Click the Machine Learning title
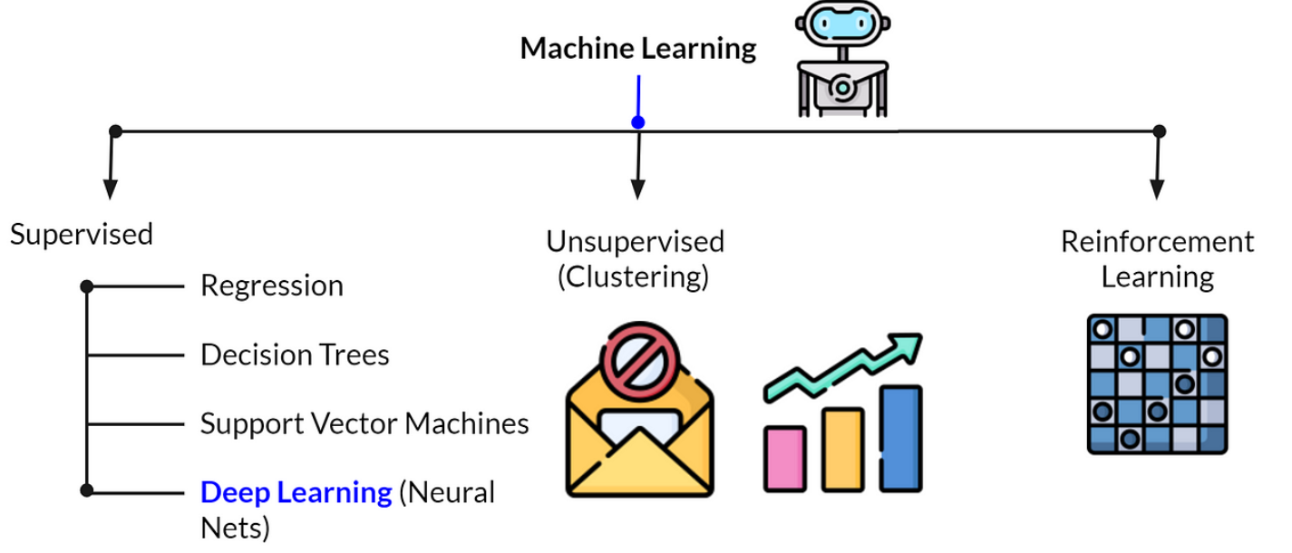pyautogui.click(x=637, y=49)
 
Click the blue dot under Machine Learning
pyautogui.click(x=638, y=122)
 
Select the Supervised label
pyautogui.click(x=82, y=235)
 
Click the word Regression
pyautogui.click(x=271, y=286)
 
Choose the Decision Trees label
pyautogui.click(x=295, y=354)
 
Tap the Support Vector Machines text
pyautogui.click(x=364, y=423)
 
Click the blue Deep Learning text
pyautogui.click(x=296, y=492)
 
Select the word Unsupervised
pyautogui.click(x=636, y=242)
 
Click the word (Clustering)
pyautogui.click(x=632, y=276)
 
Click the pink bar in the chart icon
pyautogui.click(x=784, y=460)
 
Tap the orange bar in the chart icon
pyautogui.click(x=842, y=450)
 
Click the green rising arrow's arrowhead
pyautogui.click(x=908, y=346)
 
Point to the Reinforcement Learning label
pyautogui.click(x=1158, y=259)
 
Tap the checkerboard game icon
pyautogui.click(x=1157, y=383)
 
